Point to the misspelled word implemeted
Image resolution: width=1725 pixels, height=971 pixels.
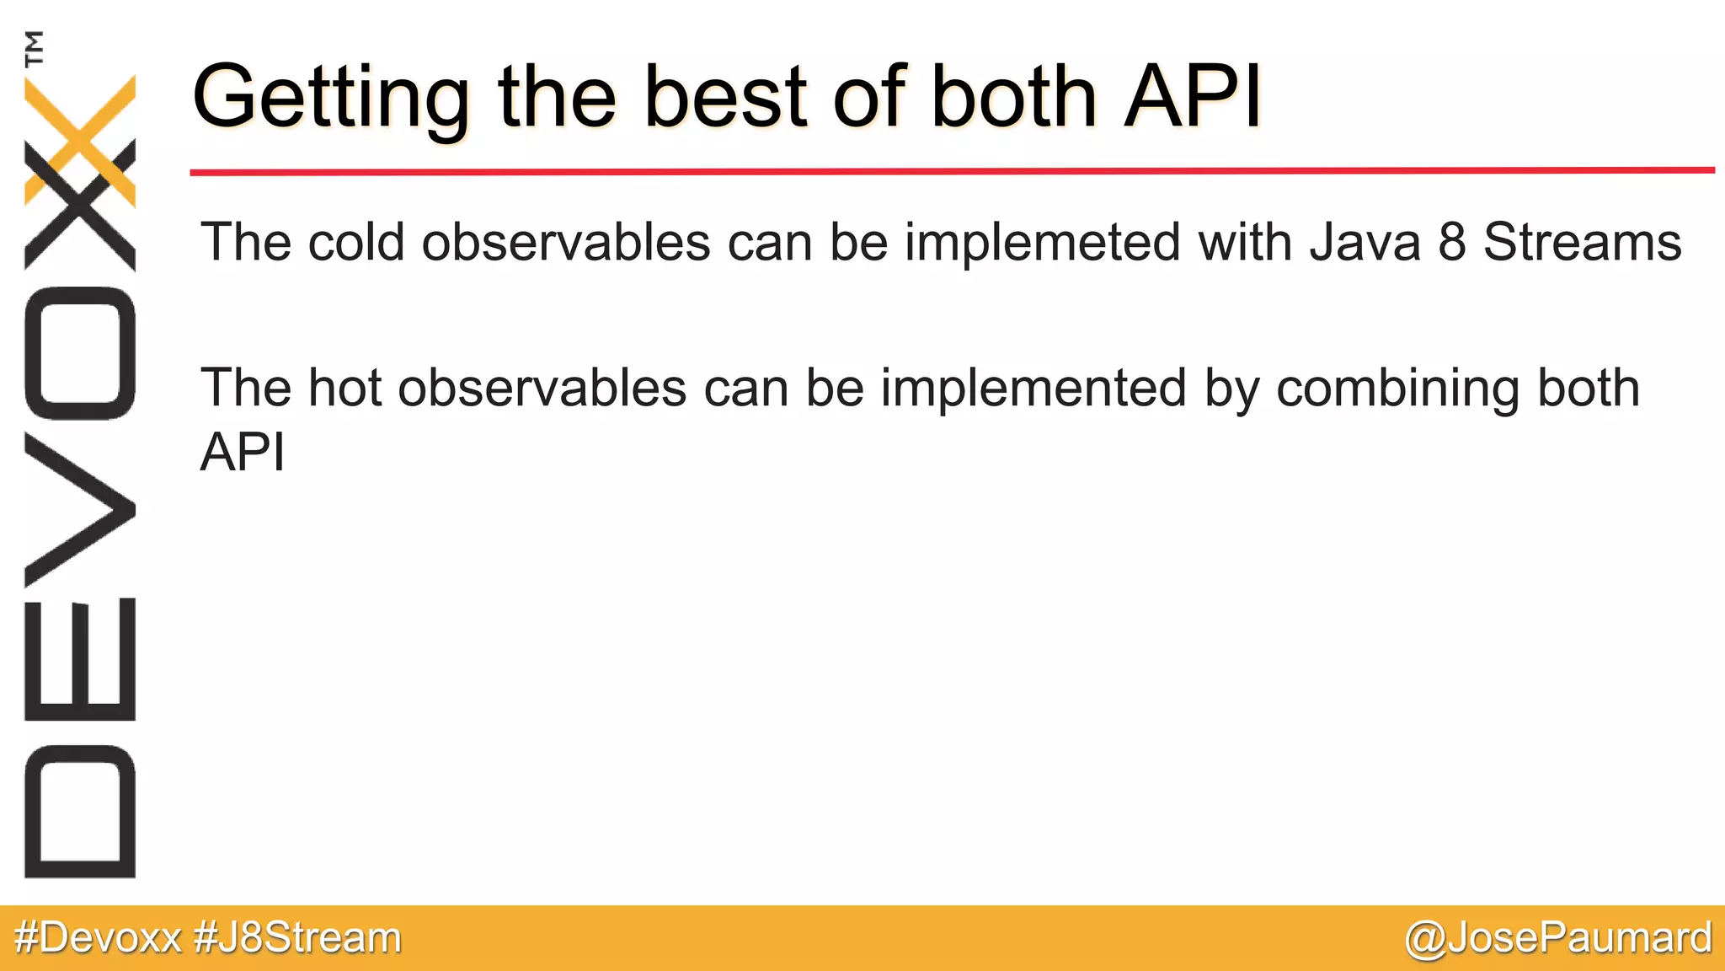pos(1043,243)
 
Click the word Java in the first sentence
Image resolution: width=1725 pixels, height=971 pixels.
pos(1365,243)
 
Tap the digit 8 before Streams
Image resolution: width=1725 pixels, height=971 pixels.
pos(1452,243)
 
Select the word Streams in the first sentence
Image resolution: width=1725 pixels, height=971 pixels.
pos(1582,243)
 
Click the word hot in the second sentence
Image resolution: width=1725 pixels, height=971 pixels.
pos(345,389)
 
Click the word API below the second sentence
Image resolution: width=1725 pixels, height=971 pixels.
pos(243,452)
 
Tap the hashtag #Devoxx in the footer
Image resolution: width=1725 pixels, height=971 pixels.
pos(98,938)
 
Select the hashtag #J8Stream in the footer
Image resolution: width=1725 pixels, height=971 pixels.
pos(297,938)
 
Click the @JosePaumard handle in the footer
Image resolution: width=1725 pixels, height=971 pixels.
pos(1558,938)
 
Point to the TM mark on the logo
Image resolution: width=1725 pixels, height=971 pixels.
pos(35,48)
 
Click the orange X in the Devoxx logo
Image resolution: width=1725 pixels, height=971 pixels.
pos(80,139)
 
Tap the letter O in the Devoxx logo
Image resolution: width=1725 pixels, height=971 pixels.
pos(80,353)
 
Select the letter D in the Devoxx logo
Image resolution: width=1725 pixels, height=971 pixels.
pos(80,811)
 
